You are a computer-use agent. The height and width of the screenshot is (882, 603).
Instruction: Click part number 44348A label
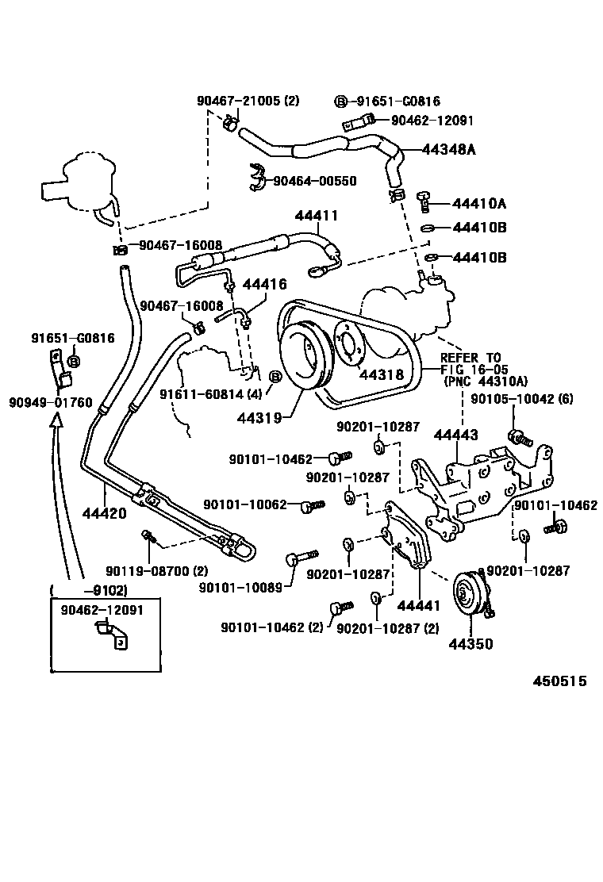pos(448,149)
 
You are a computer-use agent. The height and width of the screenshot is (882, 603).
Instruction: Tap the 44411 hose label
pos(317,216)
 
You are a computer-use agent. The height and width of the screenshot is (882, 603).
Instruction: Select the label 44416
pos(264,284)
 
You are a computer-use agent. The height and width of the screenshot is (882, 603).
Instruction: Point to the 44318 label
pos(382,374)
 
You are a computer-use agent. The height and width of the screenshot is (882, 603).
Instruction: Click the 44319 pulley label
pos(259,418)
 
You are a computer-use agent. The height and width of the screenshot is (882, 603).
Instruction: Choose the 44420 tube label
pos(105,513)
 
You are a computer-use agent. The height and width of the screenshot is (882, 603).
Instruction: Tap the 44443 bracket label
pos(455,435)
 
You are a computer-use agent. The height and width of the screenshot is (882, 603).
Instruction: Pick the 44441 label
pos(418,605)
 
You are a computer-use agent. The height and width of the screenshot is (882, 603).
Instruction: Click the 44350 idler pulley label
pos(470,643)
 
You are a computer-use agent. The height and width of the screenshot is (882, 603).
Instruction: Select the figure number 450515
pos(559,681)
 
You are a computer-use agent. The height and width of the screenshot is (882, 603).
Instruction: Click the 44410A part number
pos(479,203)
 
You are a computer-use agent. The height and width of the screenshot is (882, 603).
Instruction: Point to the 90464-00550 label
pos(315,181)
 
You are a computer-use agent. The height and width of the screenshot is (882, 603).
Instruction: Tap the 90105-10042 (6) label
pos(522,399)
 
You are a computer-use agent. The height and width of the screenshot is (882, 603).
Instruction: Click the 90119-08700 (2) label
pos(157,571)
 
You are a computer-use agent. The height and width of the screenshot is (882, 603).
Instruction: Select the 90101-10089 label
pos(240,587)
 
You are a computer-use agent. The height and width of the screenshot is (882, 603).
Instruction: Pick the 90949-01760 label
pos(51,402)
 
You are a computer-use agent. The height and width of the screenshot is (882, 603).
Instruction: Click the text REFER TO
pos(470,358)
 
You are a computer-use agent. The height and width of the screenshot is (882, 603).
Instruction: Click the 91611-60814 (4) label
pos(211,393)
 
